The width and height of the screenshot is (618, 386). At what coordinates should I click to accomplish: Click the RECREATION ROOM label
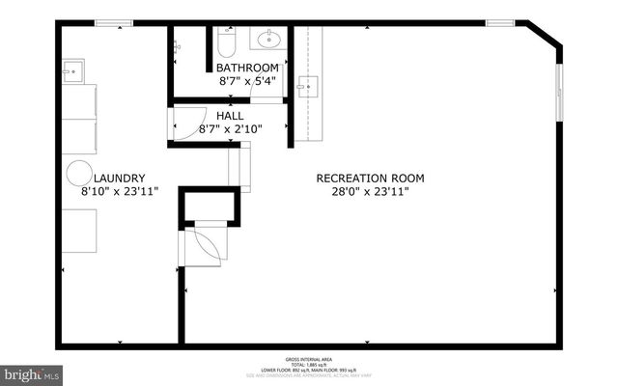(x=370, y=178)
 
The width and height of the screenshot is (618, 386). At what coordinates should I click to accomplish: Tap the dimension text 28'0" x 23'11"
(x=370, y=191)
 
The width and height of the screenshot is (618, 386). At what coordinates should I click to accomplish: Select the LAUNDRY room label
(x=120, y=178)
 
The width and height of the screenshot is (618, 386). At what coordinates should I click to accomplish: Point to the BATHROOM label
(x=247, y=68)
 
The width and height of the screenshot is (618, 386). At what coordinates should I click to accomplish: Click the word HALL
(x=230, y=116)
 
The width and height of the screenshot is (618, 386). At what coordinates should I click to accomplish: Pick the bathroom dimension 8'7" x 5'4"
(x=247, y=81)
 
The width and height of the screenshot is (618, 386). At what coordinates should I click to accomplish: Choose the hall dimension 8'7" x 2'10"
(x=230, y=128)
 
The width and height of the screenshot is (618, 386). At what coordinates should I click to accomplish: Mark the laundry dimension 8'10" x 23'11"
(x=120, y=191)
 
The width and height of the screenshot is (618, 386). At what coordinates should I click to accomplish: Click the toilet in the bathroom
(x=225, y=43)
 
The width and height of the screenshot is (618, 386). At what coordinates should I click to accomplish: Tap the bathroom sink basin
(x=267, y=40)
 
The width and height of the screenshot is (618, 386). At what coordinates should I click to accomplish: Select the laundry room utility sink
(x=73, y=70)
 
